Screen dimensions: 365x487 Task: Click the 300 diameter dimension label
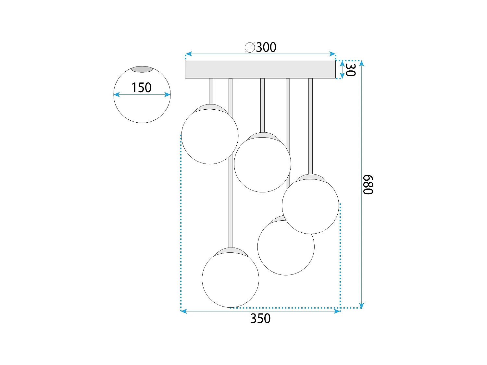[266, 47]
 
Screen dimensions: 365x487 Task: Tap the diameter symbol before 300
[249, 47]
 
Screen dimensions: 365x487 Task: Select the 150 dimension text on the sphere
[141, 88]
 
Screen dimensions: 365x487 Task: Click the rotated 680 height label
[368, 185]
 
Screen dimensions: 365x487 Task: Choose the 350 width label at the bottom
[260, 319]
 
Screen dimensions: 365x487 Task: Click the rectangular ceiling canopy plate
[260, 69]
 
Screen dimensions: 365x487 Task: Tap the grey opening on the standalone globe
[142, 69]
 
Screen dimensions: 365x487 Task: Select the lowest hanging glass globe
[231, 279]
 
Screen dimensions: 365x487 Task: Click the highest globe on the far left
[210, 136]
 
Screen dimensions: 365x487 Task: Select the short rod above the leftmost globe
[211, 91]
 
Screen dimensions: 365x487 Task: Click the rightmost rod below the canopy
[310, 127]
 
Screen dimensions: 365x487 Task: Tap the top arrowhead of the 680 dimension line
[362, 63]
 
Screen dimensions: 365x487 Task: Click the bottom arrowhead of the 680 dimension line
[362, 306]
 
